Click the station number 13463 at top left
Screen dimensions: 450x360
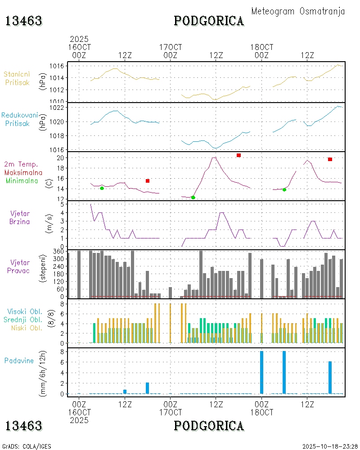(x=24, y=21)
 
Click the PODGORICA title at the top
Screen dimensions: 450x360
(x=209, y=21)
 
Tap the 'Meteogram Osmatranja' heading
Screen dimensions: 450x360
(x=298, y=11)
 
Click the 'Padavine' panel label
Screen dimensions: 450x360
(x=19, y=360)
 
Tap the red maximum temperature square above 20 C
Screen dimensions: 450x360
(x=238, y=155)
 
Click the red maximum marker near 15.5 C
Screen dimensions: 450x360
(x=148, y=181)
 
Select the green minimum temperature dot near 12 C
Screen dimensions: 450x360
(x=193, y=198)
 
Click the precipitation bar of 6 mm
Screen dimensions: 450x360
(x=330, y=378)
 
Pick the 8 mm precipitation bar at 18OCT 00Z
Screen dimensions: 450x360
(x=261, y=373)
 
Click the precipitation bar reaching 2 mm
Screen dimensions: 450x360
(x=147, y=388)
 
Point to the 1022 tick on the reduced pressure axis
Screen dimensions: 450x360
(x=59, y=108)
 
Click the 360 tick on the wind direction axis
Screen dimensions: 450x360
(x=59, y=251)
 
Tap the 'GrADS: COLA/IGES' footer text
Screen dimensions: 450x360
(x=27, y=446)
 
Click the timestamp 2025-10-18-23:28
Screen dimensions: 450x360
(x=330, y=446)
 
